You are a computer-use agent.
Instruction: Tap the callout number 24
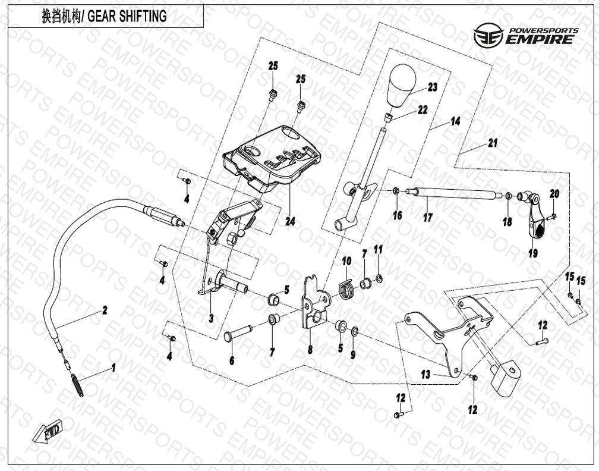[289, 222]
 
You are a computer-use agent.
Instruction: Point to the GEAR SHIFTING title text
[104, 17]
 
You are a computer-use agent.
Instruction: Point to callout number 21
[493, 143]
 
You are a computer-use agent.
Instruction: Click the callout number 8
[310, 350]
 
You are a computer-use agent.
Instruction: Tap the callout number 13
[425, 375]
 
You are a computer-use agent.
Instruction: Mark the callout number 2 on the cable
[105, 310]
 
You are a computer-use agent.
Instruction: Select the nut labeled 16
[396, 191]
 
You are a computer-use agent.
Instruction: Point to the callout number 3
[211, 318]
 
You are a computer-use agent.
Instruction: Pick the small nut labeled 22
[388, 117]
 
